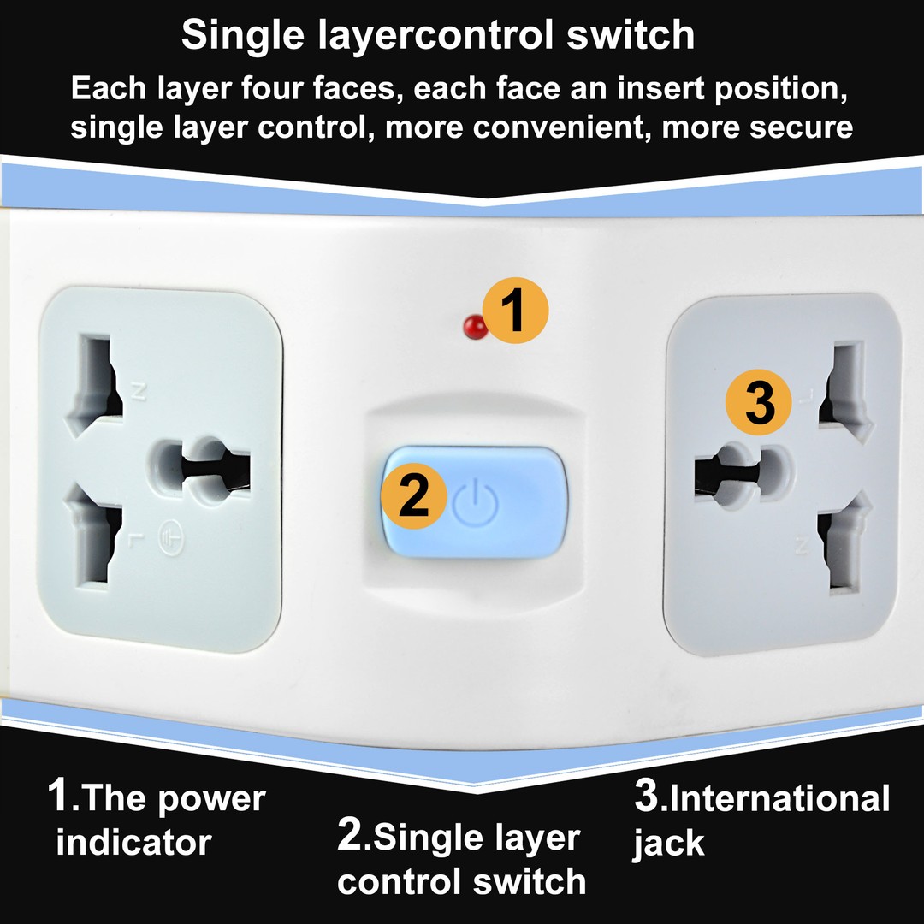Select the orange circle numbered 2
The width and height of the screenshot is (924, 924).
413,497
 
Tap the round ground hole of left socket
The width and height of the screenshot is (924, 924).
205,467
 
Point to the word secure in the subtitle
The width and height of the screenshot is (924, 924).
801,127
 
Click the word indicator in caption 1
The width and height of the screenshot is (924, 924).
133,843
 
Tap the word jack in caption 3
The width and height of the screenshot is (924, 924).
668,844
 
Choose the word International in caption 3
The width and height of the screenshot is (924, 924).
779,799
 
